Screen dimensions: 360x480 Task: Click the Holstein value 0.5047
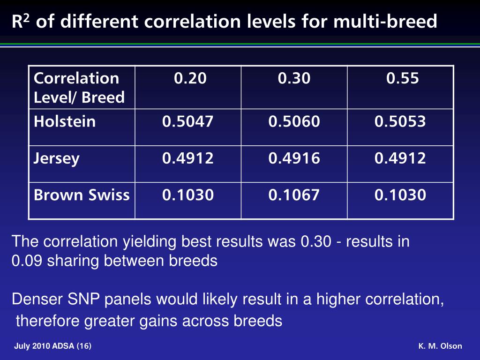click(188, 122)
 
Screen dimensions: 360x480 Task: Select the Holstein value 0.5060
click(294, 122)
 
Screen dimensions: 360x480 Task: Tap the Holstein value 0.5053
click(400, 122)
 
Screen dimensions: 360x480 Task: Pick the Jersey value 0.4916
click(294, 158)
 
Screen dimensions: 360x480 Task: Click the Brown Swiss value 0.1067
click(294, 195)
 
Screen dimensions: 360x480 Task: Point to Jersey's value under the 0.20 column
click(188, 158)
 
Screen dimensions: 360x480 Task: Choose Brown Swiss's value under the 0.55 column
click(400, 195)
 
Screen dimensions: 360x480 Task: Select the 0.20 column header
click(190, 78)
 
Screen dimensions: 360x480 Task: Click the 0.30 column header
click(294, 78)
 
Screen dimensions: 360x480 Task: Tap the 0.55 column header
click(402, 78)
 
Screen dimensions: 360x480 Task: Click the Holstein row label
click(65, 122)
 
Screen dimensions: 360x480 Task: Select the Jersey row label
click(57, 158)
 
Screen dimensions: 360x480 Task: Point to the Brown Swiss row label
click(82, 195)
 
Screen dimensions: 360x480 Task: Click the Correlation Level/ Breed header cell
click(79, 88)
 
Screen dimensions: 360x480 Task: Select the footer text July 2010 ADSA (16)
click(53, 346)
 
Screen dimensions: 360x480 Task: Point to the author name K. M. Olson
click(440, 346)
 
